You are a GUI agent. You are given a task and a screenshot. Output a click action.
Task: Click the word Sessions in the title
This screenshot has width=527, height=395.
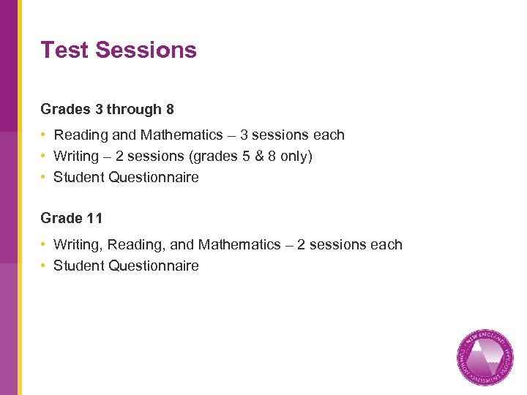(x=146, y=50)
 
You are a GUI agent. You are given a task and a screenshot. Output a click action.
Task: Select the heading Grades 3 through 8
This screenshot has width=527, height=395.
(x=107, y=110)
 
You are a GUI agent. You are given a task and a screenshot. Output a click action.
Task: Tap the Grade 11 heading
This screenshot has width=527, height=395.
(x=72, y=218)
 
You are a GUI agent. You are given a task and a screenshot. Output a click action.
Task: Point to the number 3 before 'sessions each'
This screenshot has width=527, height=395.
(x=244, y=135)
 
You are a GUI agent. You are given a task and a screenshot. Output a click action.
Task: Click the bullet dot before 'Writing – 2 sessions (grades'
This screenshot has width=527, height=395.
(x=45, y=157)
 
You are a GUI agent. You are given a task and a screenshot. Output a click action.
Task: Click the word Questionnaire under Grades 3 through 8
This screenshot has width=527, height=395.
(x=154, y=178)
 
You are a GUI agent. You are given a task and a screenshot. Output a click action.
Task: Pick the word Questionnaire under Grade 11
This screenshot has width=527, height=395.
(x=154, y=266)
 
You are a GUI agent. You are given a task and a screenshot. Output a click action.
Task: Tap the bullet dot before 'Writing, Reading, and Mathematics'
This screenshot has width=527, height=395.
(x=45, y=245)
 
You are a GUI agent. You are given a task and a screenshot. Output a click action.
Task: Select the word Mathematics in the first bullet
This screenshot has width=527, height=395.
(x=182, y=135)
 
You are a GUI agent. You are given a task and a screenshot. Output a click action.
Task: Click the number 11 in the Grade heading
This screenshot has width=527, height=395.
(x=94, y=218)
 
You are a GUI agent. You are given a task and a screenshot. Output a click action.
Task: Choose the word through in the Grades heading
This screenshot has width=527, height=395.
(x=134, y=110)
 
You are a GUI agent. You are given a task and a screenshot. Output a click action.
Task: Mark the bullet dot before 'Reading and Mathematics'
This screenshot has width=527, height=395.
(x=45, y=135)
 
